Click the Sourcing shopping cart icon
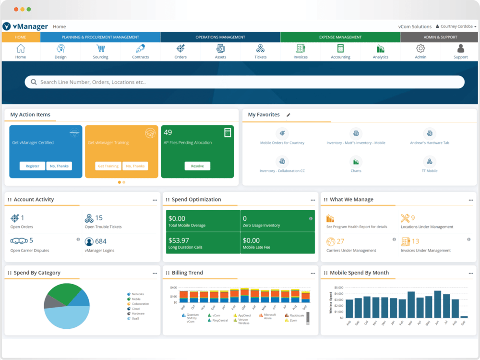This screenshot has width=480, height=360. coord(100,48)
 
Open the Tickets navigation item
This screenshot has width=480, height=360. coord(260,51)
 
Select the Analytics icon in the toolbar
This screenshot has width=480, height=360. coord(381,48)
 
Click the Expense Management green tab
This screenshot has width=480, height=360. coord(340,37)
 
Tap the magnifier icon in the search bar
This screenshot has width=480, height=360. coord(34,82)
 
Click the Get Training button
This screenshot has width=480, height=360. coord(108,166)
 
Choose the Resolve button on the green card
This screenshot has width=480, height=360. coord(197,166)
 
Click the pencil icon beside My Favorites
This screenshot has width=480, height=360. coord(288,115)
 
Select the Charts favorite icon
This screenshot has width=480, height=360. coord(356,162)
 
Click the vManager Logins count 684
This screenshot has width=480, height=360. coord(101,241)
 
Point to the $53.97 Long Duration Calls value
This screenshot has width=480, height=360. coord(179,240)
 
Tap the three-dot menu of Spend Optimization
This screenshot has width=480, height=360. coord(313,200)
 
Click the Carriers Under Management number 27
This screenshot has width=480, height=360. coord(340,241)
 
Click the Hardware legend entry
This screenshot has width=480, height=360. coord(138,313)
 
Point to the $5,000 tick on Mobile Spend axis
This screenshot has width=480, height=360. coord(338,287)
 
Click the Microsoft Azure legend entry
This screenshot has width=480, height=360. coord(270,317)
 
